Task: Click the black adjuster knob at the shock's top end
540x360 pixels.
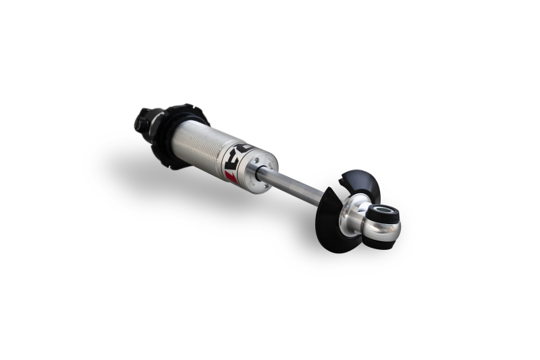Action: (x=144, y=122)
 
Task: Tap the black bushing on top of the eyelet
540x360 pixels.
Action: (x=383, y=213)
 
